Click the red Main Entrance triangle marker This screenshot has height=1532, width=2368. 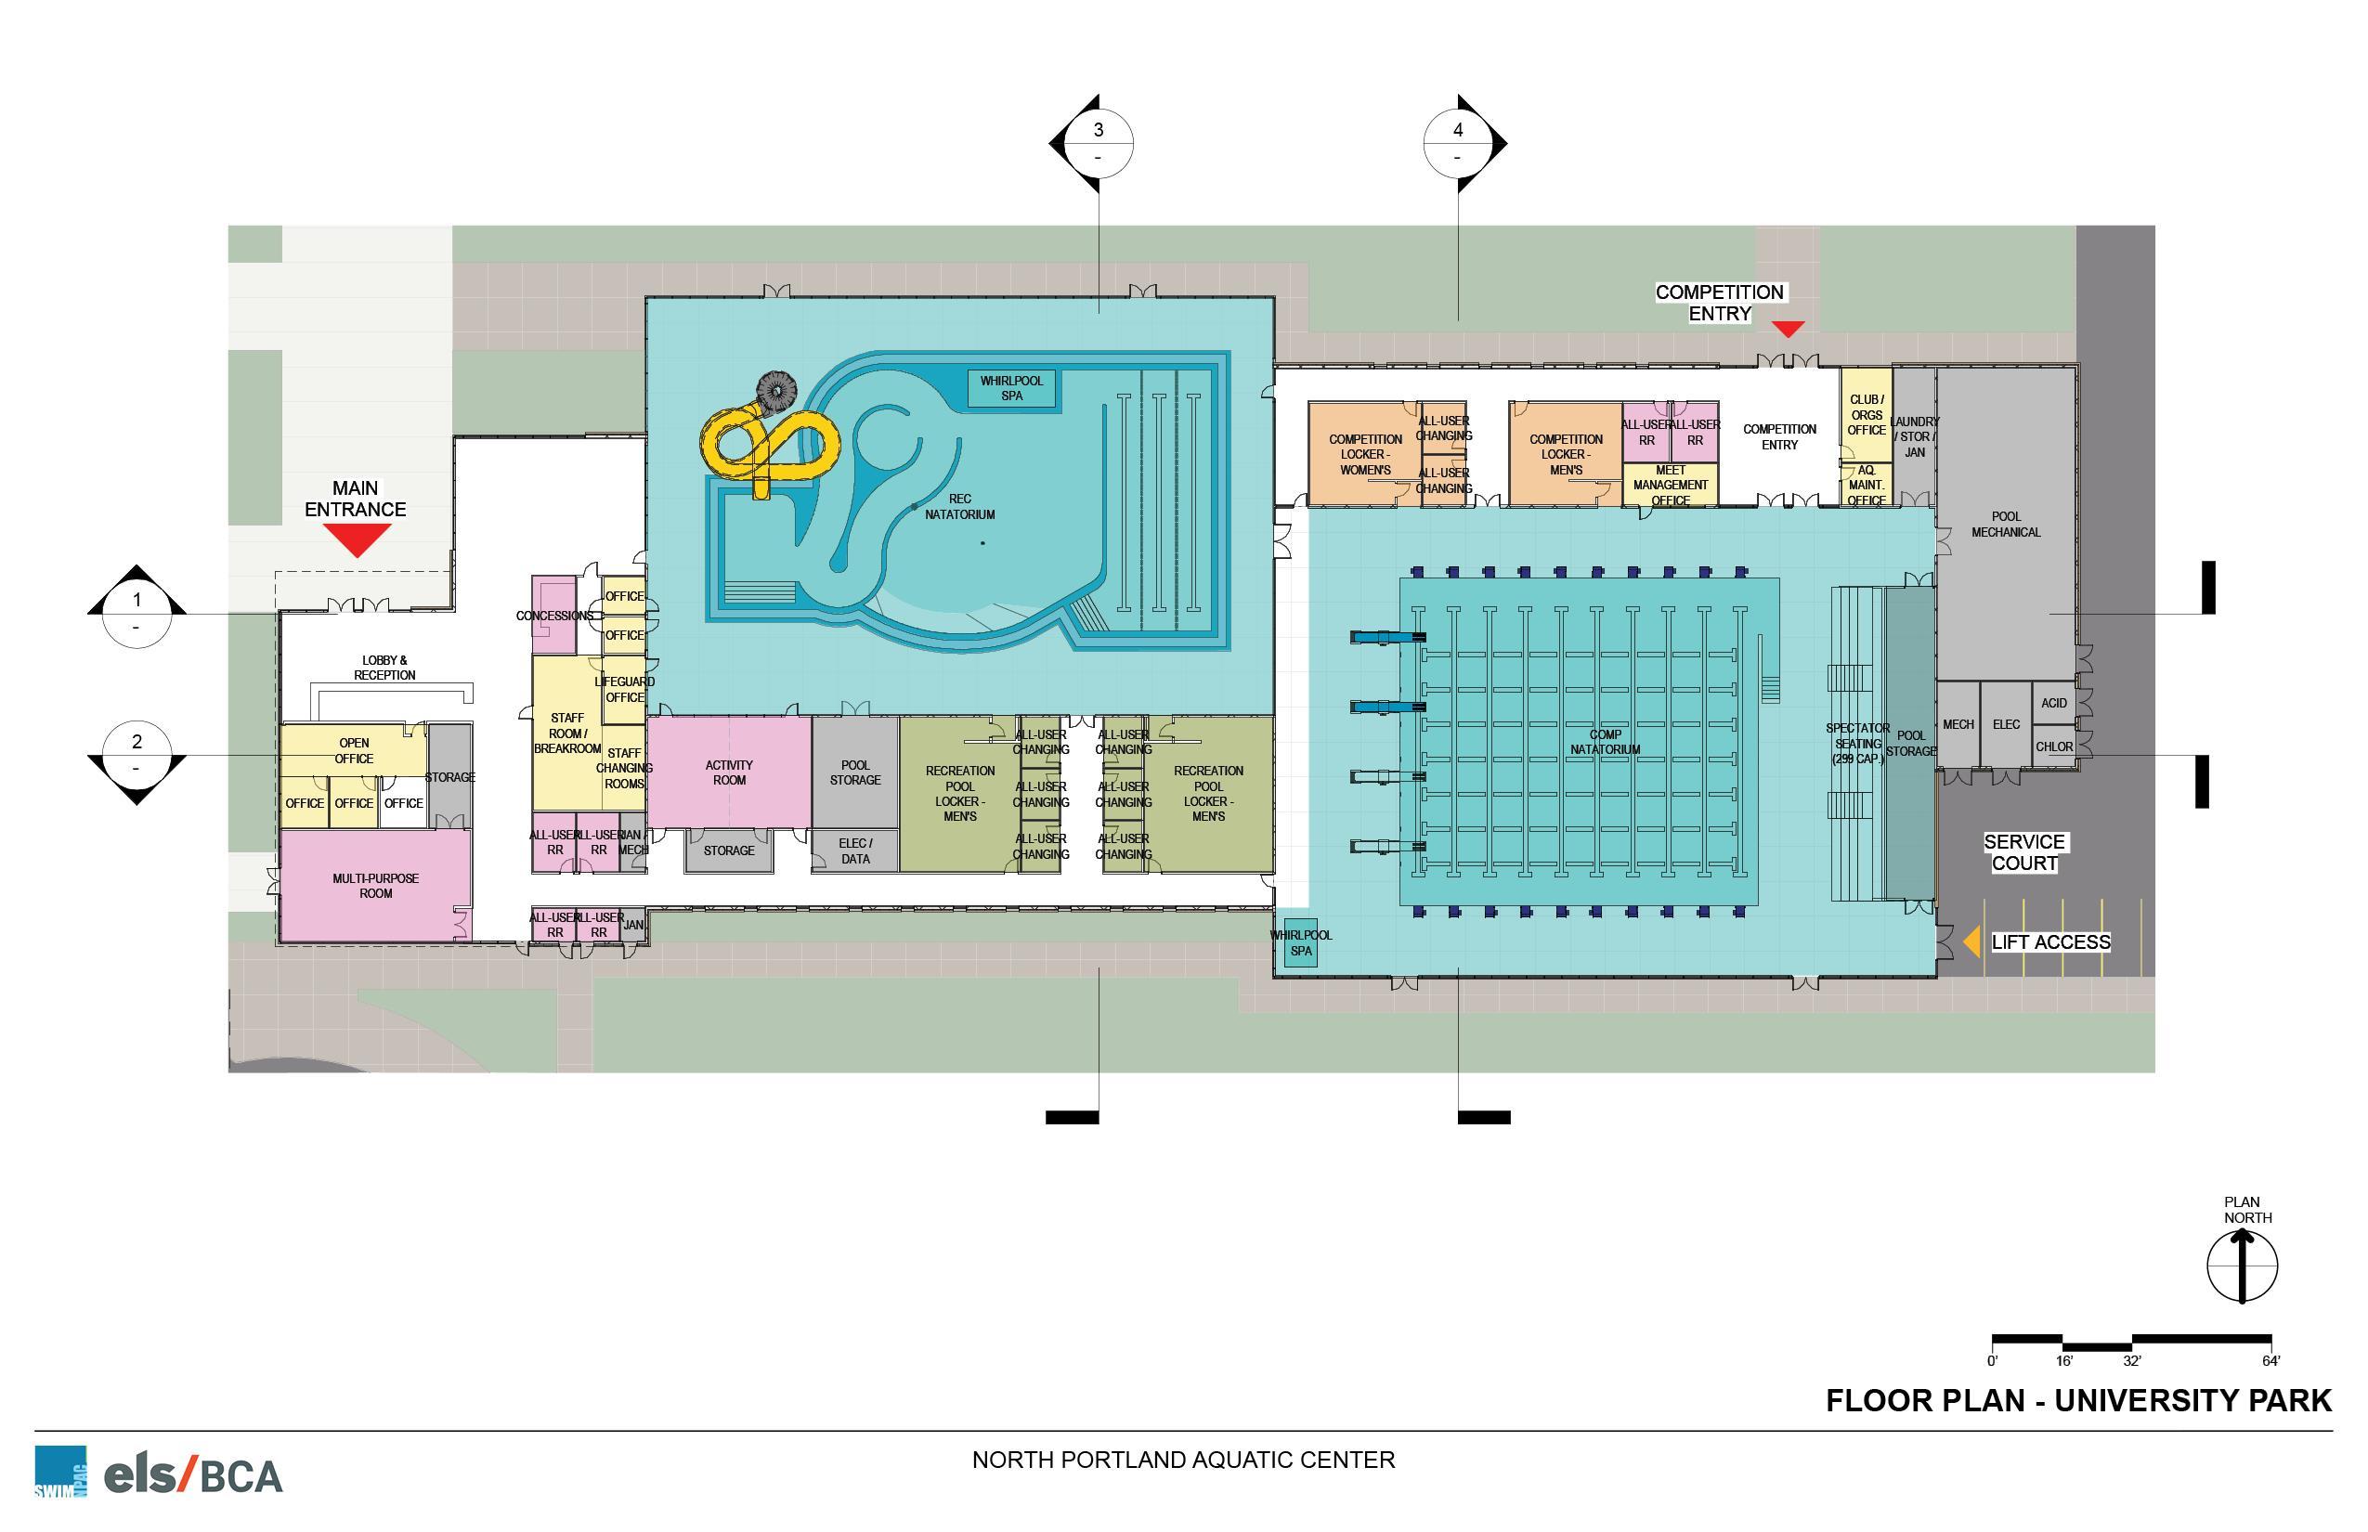(358, 539)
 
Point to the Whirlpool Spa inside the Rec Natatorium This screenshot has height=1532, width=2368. (1012, 388)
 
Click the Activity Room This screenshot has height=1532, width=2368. (729, 772)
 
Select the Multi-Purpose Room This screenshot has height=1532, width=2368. (376, 886)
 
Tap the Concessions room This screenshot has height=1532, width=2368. (553, 615)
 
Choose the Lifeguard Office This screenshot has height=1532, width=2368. (625, 688)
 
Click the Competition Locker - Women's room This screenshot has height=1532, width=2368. (1364, 454)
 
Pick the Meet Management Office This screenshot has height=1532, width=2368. (1671, 485)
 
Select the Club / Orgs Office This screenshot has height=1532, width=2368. (1866, 415)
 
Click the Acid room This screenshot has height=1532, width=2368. (2053, 702)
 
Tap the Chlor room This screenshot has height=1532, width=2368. (2053, 747)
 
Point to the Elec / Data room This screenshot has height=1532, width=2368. (854, 850)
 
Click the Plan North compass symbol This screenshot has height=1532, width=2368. (2242, 1266)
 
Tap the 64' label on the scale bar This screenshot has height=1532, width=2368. (2270, 1361)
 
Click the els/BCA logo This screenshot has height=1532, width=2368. (193, 1474)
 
